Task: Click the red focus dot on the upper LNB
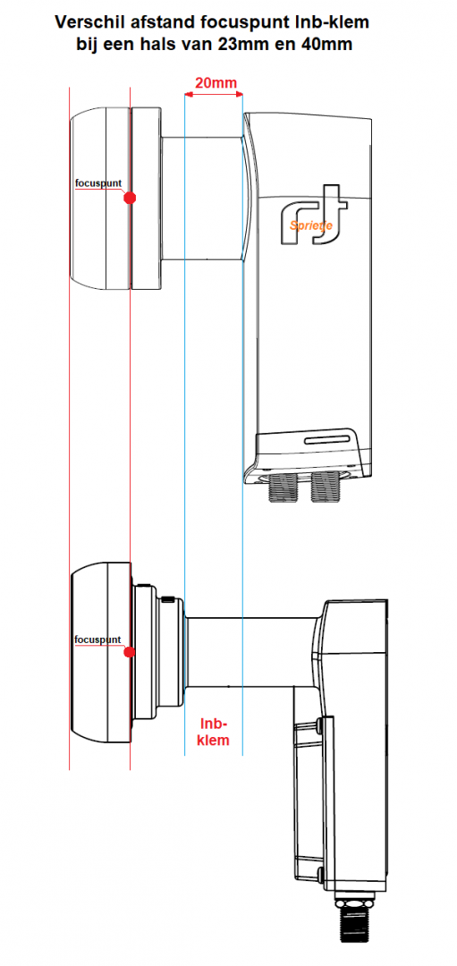[x=130, y=197]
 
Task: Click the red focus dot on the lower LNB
[x=130, y=652]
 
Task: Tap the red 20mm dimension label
[x=216, y=84]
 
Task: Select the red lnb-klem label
[x=214, y=731]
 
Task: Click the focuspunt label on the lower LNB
[x=97, y=640]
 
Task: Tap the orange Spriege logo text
[x=311, y=225]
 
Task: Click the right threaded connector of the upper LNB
[x=324, y=489]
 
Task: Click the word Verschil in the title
[x=87, y=20]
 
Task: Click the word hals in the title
[x=168, y=42]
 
